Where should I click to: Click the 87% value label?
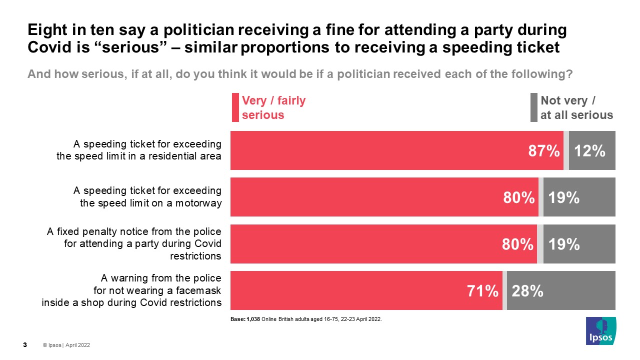point(544,151)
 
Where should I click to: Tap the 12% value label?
point(590,151)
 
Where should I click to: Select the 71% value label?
point(482,291)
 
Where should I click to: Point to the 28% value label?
point(527,291)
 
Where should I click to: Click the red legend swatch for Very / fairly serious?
point(235,107)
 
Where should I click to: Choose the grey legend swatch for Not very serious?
point(533,107)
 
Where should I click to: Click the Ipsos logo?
point(601,331)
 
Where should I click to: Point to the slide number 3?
point(25,344)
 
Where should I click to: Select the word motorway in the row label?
point(200,202)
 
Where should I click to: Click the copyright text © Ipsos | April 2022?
point(66,345)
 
